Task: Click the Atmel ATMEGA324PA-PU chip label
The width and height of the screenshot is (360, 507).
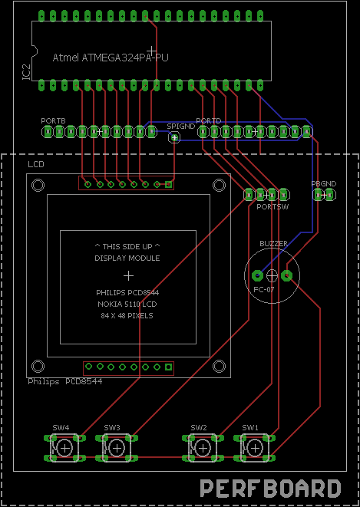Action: coord(111,58)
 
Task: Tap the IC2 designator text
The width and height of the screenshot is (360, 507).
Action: coord(27,72)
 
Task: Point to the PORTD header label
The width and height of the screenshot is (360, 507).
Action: coord(209,120)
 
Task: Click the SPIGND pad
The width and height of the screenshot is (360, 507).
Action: coord(175,138)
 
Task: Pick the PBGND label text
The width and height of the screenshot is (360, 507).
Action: coord(323,183)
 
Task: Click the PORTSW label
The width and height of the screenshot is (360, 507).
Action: coord(272,206)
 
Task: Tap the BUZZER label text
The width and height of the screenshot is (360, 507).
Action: coord(273,243)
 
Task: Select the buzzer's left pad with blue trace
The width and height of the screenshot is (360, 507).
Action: coord(257,275)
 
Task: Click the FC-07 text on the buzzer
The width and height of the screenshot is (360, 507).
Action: coord(264,289)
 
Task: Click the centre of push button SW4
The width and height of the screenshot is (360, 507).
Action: coord(65,448)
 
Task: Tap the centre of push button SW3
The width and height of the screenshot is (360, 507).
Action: coord(117,448)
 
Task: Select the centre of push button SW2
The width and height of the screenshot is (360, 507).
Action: coord(203,448)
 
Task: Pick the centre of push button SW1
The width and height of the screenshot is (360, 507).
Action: coord(255,448)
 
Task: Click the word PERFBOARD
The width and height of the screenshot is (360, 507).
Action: coord(270,489)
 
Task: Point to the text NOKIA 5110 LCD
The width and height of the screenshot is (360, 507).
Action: coord(127,304)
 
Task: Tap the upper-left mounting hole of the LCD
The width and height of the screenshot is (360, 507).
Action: coord(38,186)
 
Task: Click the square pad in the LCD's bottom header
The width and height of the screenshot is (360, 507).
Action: coord(168,367)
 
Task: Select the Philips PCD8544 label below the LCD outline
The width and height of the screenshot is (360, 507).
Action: coord(65,381)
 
